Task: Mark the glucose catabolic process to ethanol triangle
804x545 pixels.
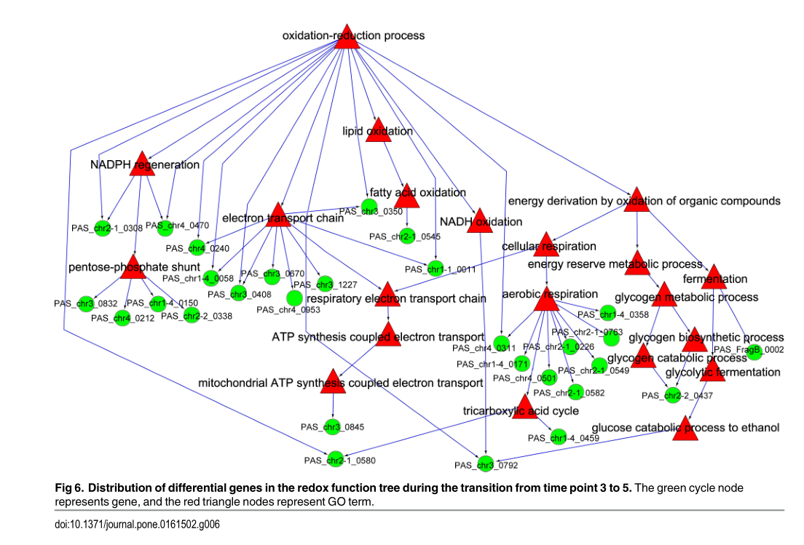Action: tap(685, 428)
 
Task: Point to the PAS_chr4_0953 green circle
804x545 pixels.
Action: tap(294, 298)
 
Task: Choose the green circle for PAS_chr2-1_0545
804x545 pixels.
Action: tap(413, 236)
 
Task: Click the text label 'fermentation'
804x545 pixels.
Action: tap(715, 279)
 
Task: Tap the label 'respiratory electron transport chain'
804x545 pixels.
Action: tap(396, 298)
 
